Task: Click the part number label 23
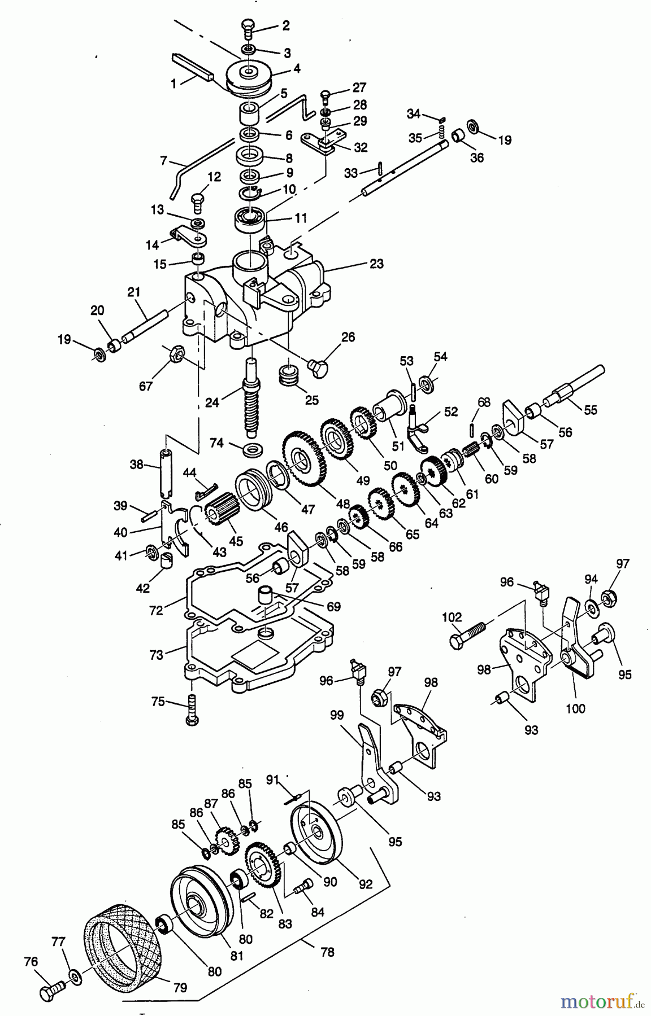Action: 376,264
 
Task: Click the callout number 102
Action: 453,617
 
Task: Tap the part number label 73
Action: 156,655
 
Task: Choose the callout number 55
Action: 590,410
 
